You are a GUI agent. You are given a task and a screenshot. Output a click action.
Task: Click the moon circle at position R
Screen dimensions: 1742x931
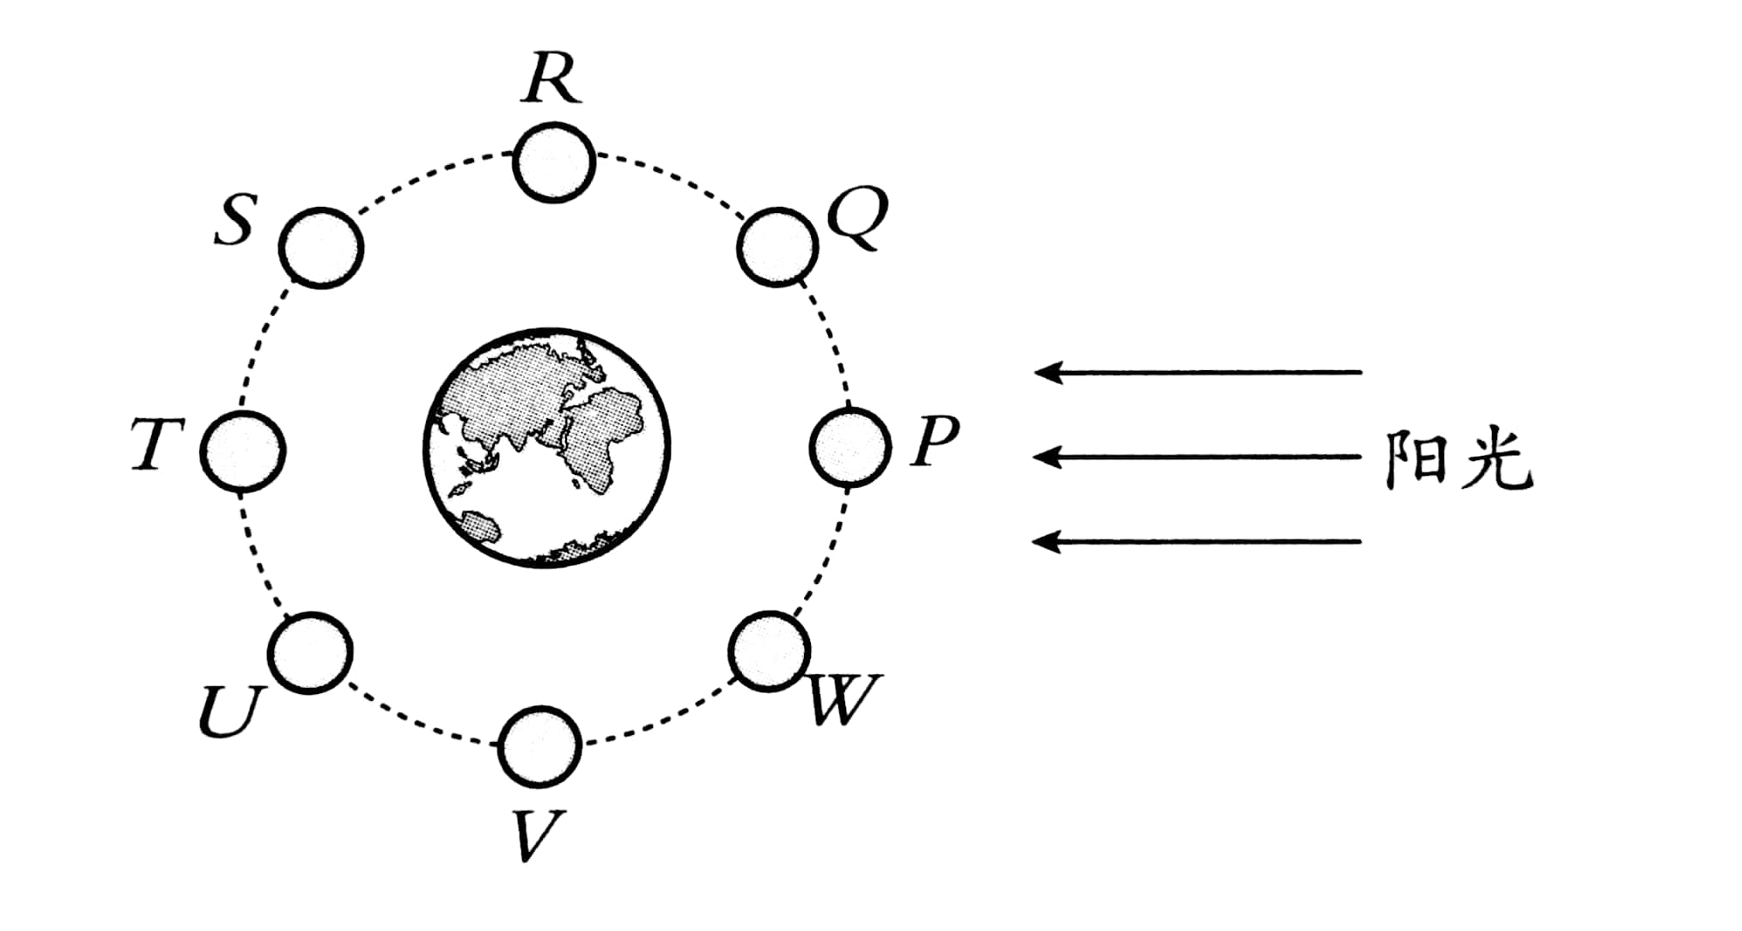554,162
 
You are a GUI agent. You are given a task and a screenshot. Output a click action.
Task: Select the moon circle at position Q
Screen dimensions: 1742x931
777,246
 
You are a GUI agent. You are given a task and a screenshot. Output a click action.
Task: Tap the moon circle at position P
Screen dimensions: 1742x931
850,447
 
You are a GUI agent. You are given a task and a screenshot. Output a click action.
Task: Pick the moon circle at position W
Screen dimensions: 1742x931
770,651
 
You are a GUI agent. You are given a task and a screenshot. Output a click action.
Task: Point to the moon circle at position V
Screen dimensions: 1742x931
540,747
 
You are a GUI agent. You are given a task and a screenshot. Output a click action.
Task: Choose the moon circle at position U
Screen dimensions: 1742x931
310,653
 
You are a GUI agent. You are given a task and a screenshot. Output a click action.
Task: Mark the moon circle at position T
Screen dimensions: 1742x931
243,451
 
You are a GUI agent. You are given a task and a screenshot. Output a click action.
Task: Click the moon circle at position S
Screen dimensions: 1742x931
321,248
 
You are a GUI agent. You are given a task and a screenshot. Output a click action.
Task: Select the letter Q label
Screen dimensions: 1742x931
855,219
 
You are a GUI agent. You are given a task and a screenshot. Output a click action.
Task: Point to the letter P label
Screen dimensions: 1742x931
934,442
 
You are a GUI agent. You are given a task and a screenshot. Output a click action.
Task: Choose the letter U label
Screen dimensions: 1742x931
231,712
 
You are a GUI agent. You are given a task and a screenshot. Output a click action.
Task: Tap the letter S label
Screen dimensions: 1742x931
234,221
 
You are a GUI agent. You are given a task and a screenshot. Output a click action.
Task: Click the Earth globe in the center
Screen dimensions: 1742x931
547,447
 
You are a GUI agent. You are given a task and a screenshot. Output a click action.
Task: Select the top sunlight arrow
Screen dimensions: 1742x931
1197,372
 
